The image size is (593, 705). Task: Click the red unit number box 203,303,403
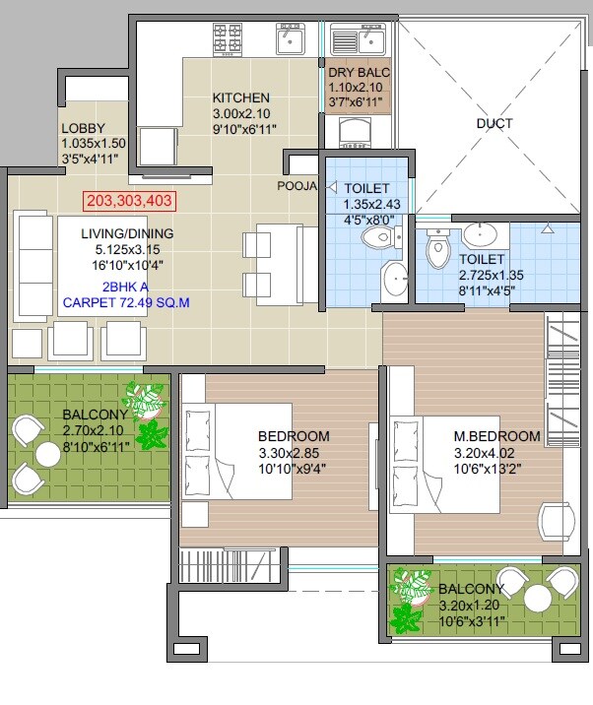[130, 201]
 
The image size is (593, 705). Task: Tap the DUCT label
[494, 124]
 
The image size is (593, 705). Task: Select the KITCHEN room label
[241, 97]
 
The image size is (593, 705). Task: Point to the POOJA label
[296, 185]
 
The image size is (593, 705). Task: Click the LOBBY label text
[83, 129]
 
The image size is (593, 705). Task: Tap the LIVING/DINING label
[130, 233]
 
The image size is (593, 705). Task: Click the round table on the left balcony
[46, 454]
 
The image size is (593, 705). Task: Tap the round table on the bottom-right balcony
[537, 599]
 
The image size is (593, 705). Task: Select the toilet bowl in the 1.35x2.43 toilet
[378, 237]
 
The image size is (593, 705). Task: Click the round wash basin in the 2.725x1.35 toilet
[479, 234]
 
